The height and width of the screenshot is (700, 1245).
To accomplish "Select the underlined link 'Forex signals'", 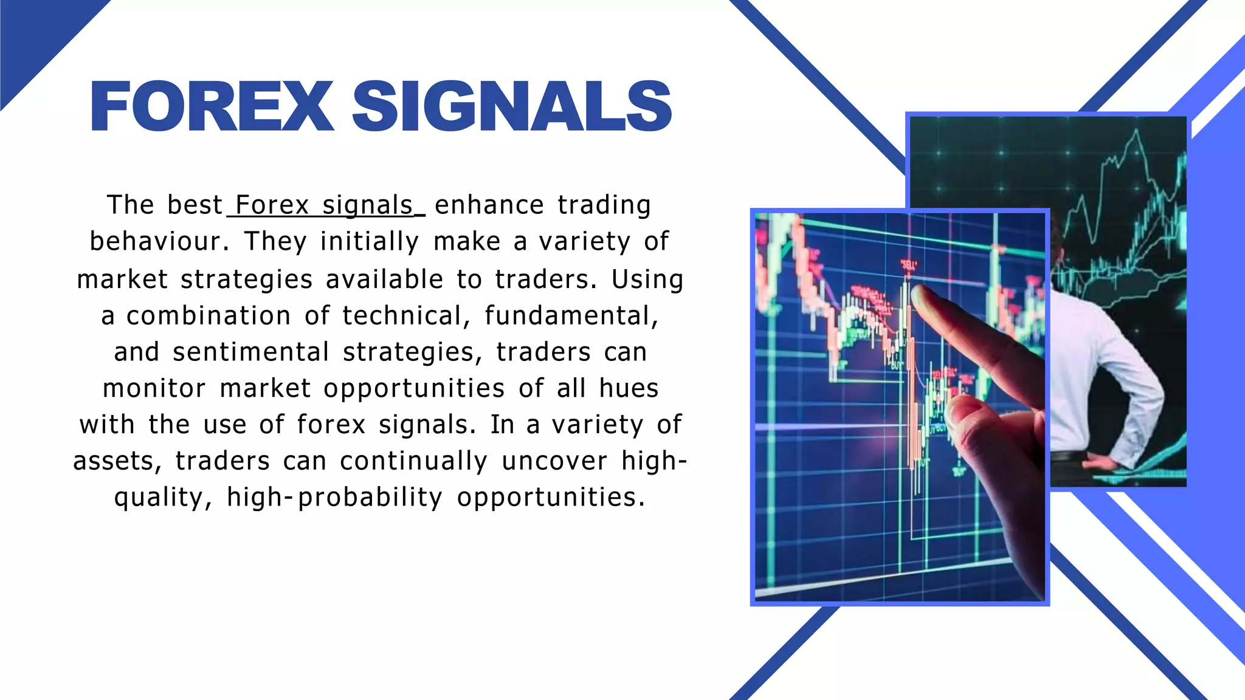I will (324, 205).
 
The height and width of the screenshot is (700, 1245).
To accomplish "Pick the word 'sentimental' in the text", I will (250, 352).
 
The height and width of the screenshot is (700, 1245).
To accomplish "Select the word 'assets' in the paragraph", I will (113, 461).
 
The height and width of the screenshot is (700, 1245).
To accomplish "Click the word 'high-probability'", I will (334, 497).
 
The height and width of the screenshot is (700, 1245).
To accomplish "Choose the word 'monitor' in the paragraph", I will (154, 388).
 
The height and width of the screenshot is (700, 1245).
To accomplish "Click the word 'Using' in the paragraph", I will (647, 279).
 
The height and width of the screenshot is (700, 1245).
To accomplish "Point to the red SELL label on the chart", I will (908, 265).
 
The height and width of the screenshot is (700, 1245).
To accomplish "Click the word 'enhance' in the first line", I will (489, 205).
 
